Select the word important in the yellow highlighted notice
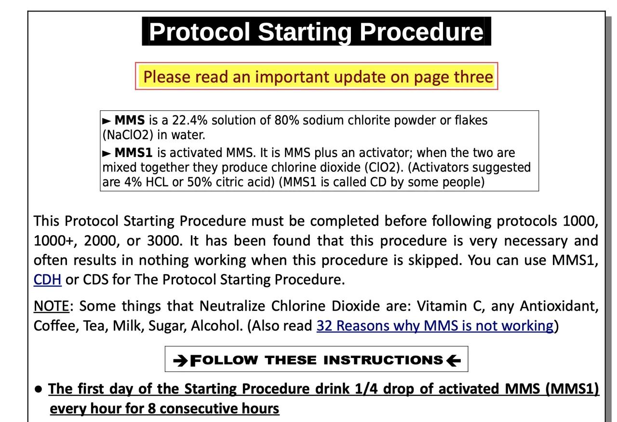(292, 77)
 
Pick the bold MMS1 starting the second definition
(134, 153)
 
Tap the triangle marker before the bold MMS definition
(107, 121)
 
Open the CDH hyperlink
(47, 279)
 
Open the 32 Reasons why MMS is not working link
(434, 326)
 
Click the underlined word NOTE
(51, 306)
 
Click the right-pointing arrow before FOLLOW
(180, 360)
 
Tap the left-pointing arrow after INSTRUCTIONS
(454, 360)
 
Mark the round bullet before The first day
(39, 389)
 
